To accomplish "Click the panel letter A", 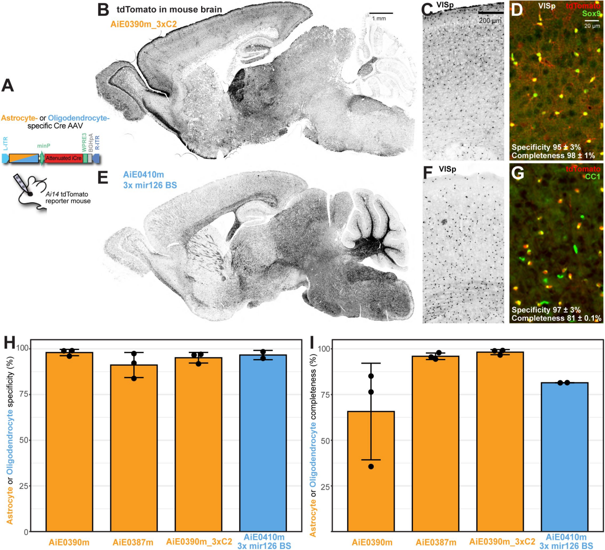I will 8,85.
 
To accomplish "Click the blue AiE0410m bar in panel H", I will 263,443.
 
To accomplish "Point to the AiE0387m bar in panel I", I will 435,444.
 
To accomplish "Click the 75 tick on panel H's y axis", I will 24,395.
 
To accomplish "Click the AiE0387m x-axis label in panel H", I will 133,542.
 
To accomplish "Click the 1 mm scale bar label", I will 379,19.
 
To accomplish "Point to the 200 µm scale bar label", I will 490,20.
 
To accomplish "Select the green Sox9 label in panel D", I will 592,14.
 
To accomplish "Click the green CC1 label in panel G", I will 592,177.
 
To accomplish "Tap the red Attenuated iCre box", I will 64,158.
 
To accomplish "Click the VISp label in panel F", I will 447,169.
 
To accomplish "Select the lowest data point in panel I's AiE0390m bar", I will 371,466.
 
